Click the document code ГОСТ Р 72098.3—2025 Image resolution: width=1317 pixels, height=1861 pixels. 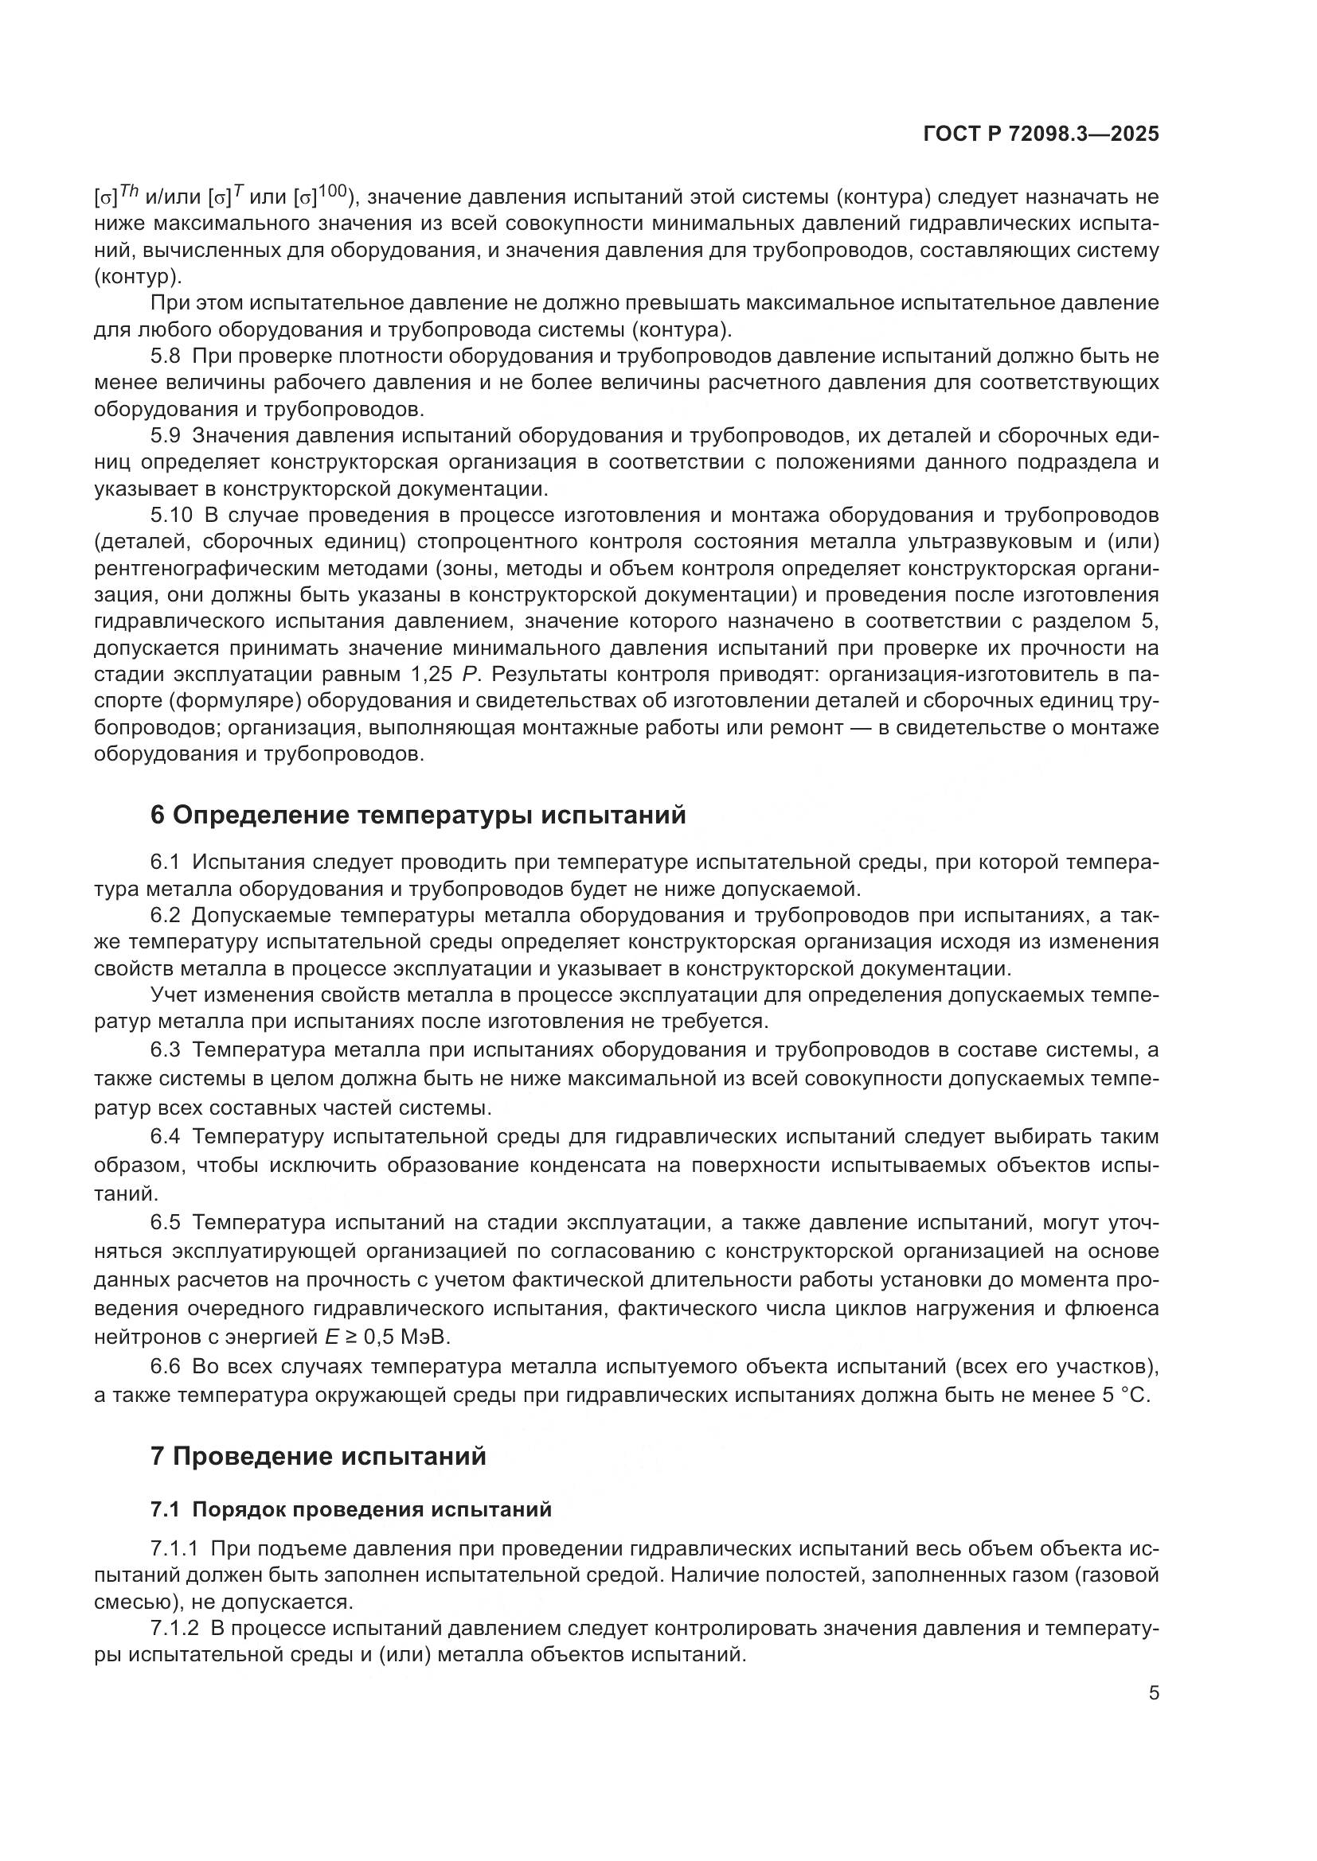(1041, 134)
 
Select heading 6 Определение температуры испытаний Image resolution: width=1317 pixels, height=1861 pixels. (418, 815)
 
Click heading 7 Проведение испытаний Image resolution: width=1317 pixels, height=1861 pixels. (318, 1457)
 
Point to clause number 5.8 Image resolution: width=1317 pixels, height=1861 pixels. (166, 356)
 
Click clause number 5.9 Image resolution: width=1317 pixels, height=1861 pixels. (166, 436)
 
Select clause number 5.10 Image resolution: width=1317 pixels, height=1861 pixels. (171, 516)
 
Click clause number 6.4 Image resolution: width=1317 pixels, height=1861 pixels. (166, 1137)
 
